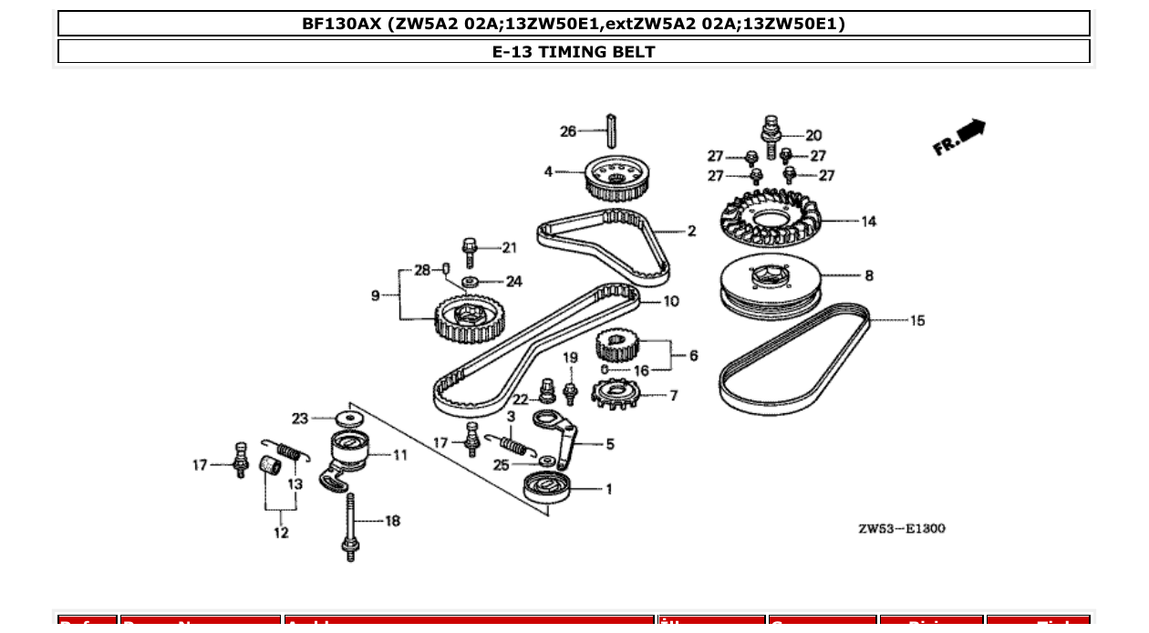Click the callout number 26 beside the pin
(x=567, y=131)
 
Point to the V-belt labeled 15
(x=793, y=361)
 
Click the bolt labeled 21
(x=470, y=251)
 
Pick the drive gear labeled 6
(x=620, y=347)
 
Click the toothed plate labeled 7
(x=613, y=395)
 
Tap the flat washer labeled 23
(x=347, y=419)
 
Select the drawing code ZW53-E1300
(x=901, y=528)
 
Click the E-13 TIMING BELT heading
(x=574, y=52)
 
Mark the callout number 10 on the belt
(x=670, y=301)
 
